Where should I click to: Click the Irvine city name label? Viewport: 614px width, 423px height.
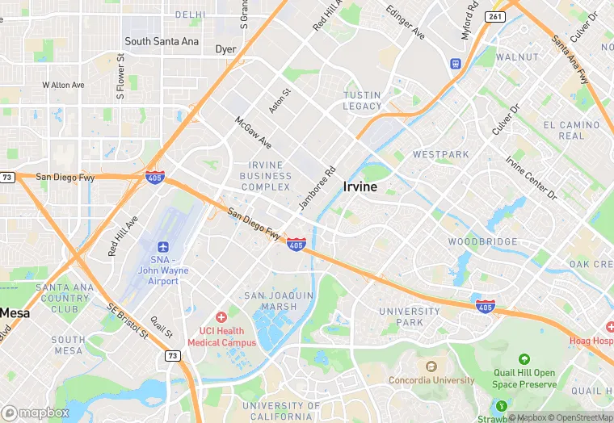360,187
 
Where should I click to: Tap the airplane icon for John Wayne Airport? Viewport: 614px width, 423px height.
163,245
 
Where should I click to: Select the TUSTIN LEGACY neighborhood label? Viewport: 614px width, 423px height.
362,101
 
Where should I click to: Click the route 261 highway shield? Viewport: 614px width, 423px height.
494,16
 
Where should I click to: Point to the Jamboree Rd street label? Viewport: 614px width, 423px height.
317,189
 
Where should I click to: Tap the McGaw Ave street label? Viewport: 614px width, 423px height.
253,132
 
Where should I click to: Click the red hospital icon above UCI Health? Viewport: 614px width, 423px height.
221,318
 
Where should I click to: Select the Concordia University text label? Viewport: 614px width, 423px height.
431,380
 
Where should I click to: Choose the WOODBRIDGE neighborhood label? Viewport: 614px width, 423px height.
482,242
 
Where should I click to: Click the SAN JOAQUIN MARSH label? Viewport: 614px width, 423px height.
279,301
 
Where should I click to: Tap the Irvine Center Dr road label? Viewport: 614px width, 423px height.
532,178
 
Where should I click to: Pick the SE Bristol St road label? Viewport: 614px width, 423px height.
128,320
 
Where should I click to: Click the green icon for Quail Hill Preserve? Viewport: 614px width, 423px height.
524,358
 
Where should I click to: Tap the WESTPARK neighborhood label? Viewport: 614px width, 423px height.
440,153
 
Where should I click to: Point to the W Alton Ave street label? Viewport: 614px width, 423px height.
63,85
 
